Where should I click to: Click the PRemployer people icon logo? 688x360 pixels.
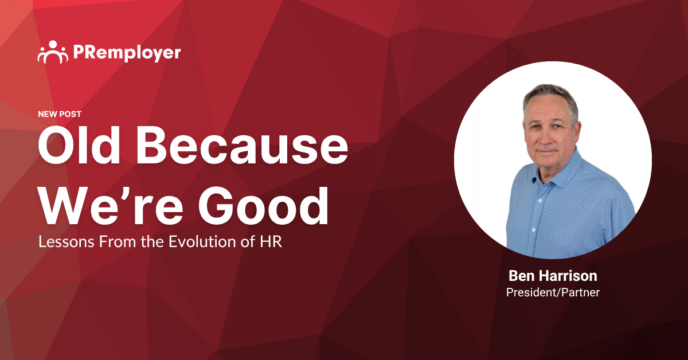point(53,52)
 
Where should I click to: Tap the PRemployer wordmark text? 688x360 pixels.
point(127,53)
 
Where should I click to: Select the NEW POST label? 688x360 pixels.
point(60,114)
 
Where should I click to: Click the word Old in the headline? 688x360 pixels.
point(79,146)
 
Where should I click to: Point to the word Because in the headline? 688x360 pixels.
point(242,146)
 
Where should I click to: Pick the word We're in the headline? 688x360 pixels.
point(111,206)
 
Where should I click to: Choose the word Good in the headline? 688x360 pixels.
point(264,206)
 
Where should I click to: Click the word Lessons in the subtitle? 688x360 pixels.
point(67,242)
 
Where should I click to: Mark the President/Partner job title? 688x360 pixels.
point(553,292)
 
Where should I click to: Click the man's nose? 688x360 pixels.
point(546,138)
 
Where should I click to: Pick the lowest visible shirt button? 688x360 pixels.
point(534,229)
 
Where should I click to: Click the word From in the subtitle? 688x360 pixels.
point(118,242)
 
